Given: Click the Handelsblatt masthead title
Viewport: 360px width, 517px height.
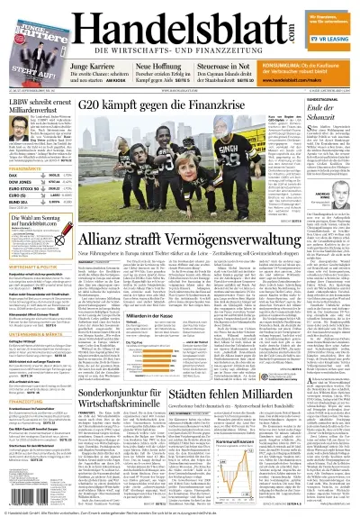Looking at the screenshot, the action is (x=180, y=23).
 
